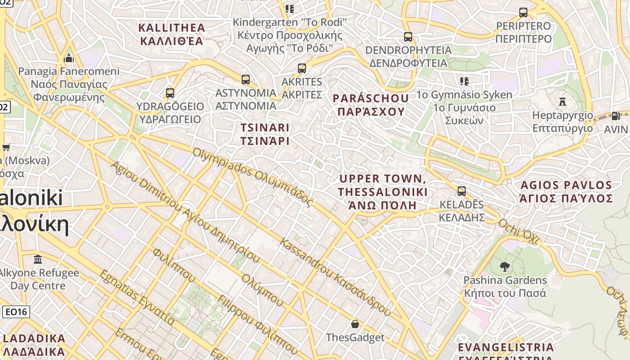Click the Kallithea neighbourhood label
click(x=171, y=35)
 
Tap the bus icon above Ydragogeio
click(x=170, y=93)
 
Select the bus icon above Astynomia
click(x=246, y=80)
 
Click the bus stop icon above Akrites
click(x=302, y=68)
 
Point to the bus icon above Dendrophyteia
click(x=408, y=37)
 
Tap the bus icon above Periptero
click(x=523, y=13)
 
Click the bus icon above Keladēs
click(x=462, y=191)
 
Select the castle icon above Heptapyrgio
click(x=562, y=101)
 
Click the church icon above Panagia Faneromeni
click(x=69, y=58)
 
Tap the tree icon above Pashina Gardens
click(x=504, y=267)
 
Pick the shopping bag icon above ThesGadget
click(x=355, y=324)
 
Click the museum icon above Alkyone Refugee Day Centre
click(x=38, y=260)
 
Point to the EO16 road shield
click(x=16, y=312)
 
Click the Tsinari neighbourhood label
click(x=265, y=134)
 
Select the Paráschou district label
click(x=371, y=105)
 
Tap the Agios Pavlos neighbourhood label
click(x=566, y=192)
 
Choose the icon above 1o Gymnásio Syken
click(x=464, y=81)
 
